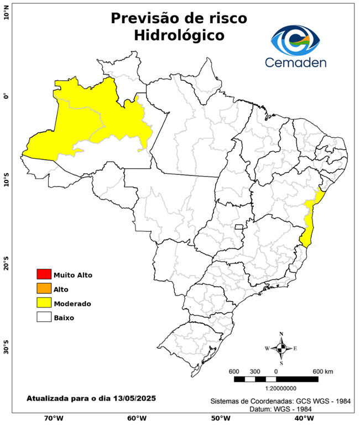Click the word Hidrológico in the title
point(179,35)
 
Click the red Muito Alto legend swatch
point(44,274)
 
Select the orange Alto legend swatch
point(44,288)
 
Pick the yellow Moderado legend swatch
point(44,303)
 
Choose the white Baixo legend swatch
point(44,317)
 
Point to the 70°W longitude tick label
point(54,418)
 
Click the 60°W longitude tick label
point(137,418)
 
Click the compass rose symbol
point(281,348)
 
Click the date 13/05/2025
point(134,398)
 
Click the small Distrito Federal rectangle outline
point(239,226)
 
